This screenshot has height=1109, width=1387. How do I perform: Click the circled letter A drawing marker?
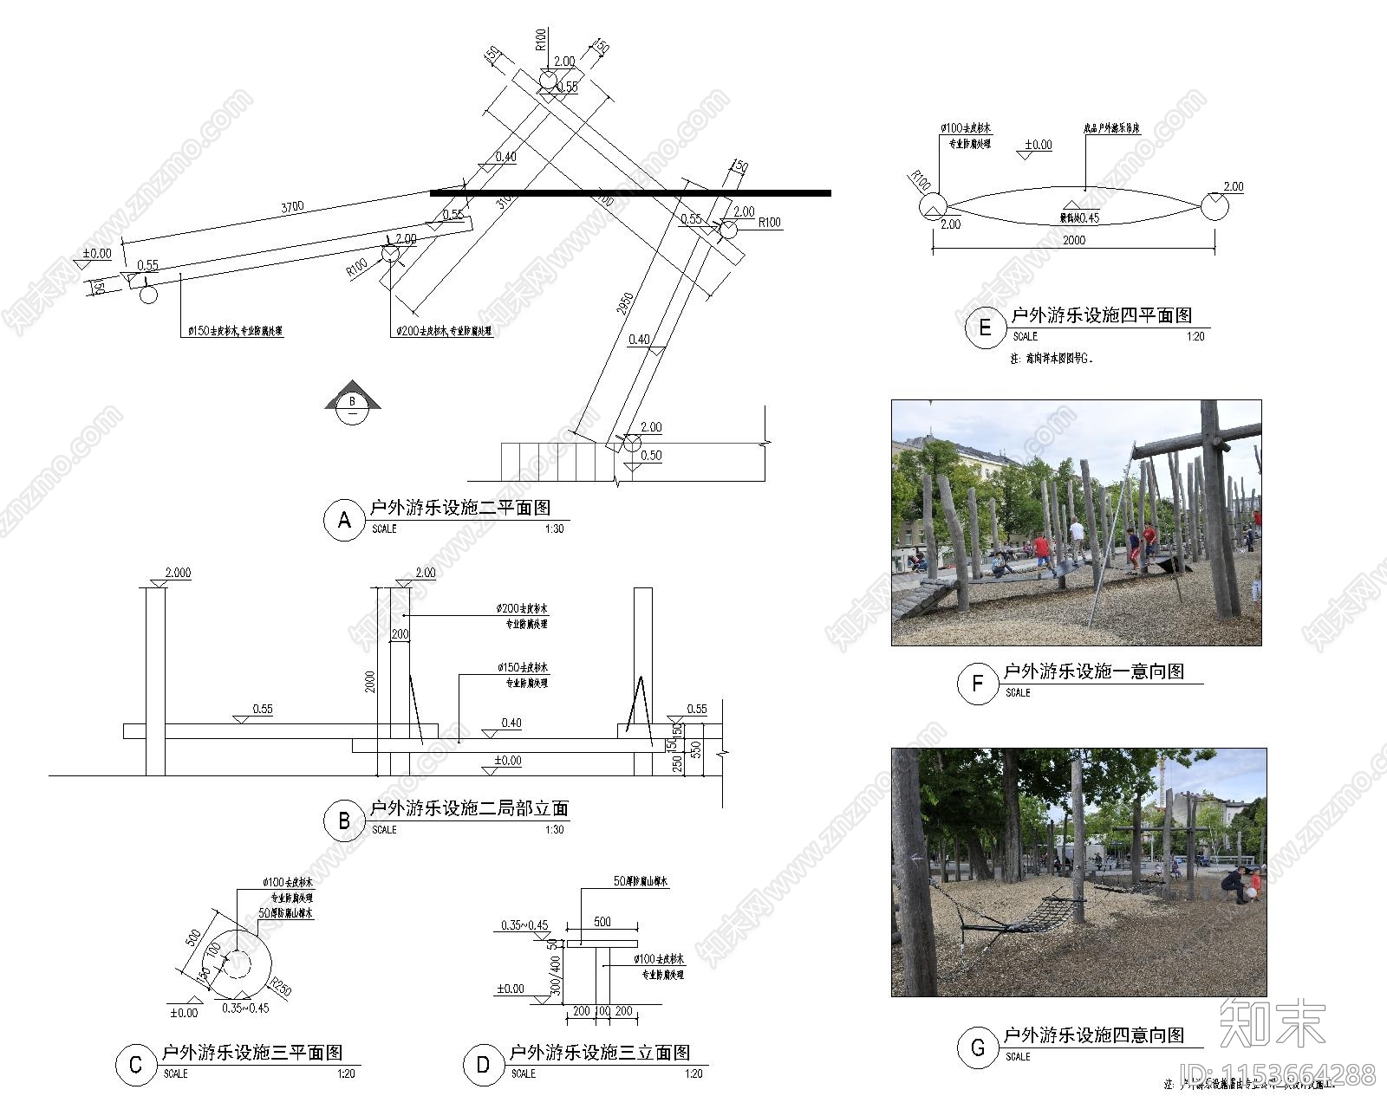pyautogui.click(x=344, y=520)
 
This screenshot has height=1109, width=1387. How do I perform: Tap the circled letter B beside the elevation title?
pyautogui.click(x=344, y=820)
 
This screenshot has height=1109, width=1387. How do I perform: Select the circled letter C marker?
pyautogui.click(x=135, y=1065)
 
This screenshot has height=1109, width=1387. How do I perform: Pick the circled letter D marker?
pyautogui.click(x=483, y=1065)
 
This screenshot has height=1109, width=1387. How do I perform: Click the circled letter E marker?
pyautogui.click(x=985, y=328)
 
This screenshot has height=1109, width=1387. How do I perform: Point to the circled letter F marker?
pyautogui.click(x=977, y=684)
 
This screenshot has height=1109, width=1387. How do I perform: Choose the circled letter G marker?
pyautogui.click(x=977, y=1047)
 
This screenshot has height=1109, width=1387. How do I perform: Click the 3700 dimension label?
pyautogui.click(x=292, y=207)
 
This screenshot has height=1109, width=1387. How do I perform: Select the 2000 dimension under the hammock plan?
pyautogui.click(x=1073, y=240)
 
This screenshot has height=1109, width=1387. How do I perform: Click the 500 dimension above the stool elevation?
pyautogui.click(x=602, y=922)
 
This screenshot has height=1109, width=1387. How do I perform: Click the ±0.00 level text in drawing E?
pyautogui.click(x=1038, y=145)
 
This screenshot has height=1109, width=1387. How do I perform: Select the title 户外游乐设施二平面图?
pyautogui.click(x=460, y=508)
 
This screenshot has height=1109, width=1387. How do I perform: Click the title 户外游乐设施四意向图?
pyautogui.click(x=1094, y=1035)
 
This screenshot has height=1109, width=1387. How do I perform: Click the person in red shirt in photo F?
pyautogui.click(x=1041, y=548)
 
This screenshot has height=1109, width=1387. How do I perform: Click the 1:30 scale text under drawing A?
pyautogui.click(x=554, y=529)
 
